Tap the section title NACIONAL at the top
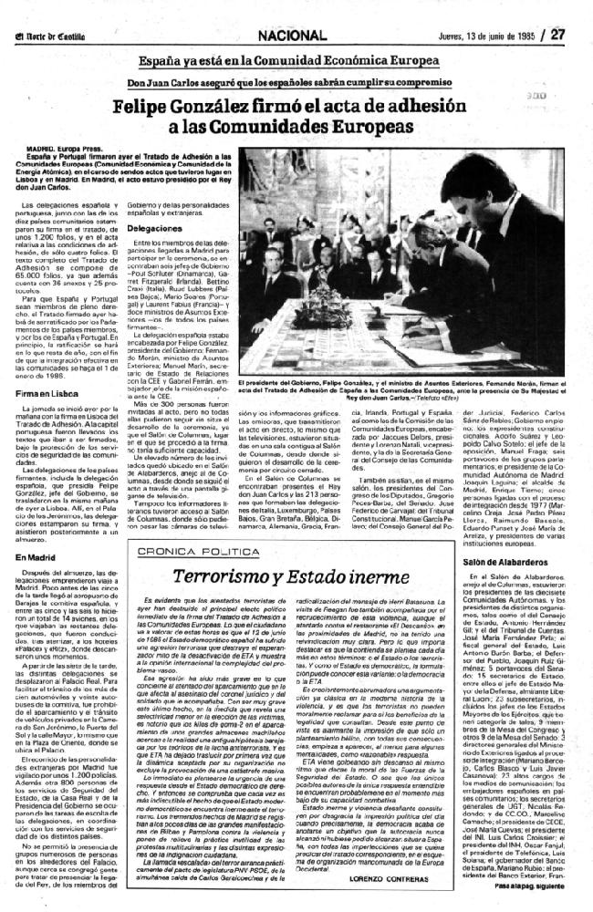(x=292, y=12)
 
